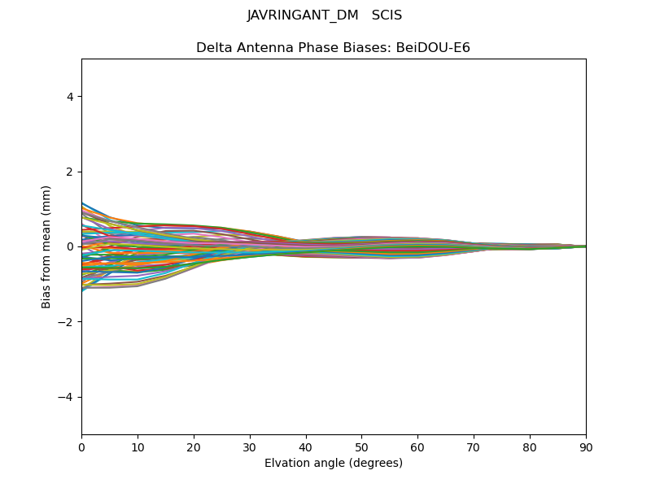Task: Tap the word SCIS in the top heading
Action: tap(387, 15)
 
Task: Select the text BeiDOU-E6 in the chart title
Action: tap(433, 48)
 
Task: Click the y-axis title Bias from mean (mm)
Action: tap(47, 246)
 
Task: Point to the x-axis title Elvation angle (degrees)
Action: tap(334, 463)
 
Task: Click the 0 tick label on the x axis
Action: tap(81, 447)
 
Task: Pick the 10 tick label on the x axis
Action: tap(138, 447)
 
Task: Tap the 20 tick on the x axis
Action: tap(194, 447)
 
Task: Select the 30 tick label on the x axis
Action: tap(250, 447)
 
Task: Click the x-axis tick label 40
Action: tap(306, 447)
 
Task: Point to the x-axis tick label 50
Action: tap(362, 447)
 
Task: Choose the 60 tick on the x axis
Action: tap(417, 447)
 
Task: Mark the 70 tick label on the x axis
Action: tap(474, 447)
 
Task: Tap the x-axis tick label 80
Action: tap(530, 447)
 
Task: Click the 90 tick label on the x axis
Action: tap(586, 447)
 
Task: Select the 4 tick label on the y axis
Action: tap(70, 97)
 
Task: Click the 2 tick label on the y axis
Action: tap(70, 172)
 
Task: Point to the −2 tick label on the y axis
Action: tap(67, 322)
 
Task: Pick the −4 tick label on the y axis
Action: tap(67, 397)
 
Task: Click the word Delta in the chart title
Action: tap(213, 48)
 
